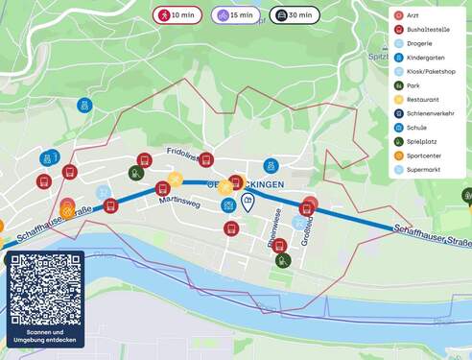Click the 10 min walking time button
point(177,15)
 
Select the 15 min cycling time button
point(235,15)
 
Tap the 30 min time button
point(294,15)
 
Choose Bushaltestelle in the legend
point(427,30)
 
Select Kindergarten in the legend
point(426,58)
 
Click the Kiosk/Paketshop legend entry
point(431,71)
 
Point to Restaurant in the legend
point(422,99)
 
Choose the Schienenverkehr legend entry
point(430,113)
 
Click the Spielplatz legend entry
point(422,141)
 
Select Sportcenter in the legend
point(424,156)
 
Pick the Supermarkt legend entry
point(423,169)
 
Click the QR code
point(45,289)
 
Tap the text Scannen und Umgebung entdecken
point(45,336)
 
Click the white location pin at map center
point(248,201)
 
